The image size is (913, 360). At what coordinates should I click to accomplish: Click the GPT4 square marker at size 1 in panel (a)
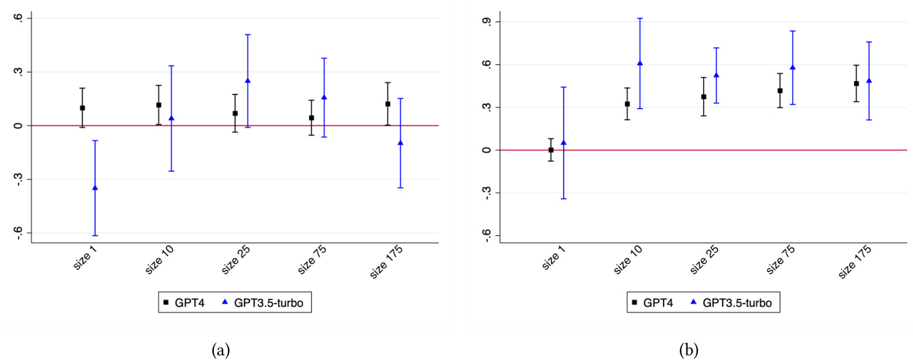(x=82, y=108)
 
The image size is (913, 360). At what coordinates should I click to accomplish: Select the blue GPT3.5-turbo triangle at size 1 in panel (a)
(x=95, y=188)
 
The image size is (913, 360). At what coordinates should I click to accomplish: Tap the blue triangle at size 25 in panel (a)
(x=248, y=80)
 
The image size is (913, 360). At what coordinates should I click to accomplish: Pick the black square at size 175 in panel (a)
(x=388, y=104)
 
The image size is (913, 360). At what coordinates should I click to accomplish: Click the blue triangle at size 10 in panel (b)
(x=640, y=63)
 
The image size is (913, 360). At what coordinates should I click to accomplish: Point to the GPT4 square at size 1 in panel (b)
(x=551, y=150)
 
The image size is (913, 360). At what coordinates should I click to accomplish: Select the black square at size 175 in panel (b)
(x=856, y=84)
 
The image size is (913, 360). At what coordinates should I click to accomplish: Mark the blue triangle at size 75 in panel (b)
(x=792, y=67)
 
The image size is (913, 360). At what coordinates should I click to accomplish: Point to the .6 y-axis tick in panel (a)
(x=18, y=18)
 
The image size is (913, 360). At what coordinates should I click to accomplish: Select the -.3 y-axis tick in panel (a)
(x=18, y=179)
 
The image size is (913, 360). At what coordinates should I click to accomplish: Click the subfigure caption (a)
(x=221, y=349)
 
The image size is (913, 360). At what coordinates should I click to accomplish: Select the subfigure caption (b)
(x=689, y=349)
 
